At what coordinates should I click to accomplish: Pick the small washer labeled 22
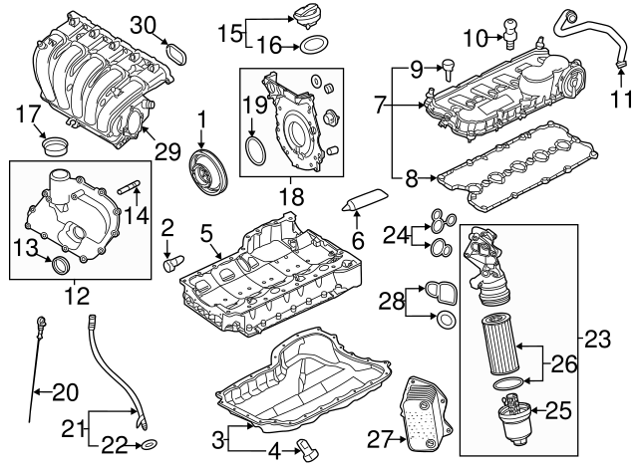click(149, 444)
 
